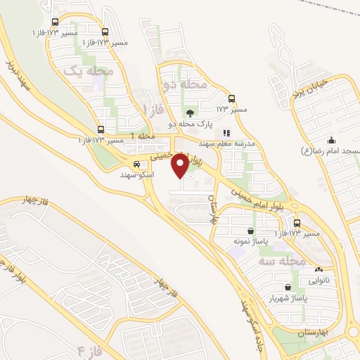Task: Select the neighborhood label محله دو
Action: click(x=185, y=84)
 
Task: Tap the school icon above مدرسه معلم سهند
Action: click(x=226, y=132)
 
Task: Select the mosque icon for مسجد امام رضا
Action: click(x=330, y=140)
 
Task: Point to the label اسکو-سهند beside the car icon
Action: click(x=137, y=174)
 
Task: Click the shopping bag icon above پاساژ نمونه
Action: click(x=251, y=230)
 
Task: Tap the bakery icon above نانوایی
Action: click(x=320, y=269)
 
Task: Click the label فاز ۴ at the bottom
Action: click(x=91, y=349)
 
